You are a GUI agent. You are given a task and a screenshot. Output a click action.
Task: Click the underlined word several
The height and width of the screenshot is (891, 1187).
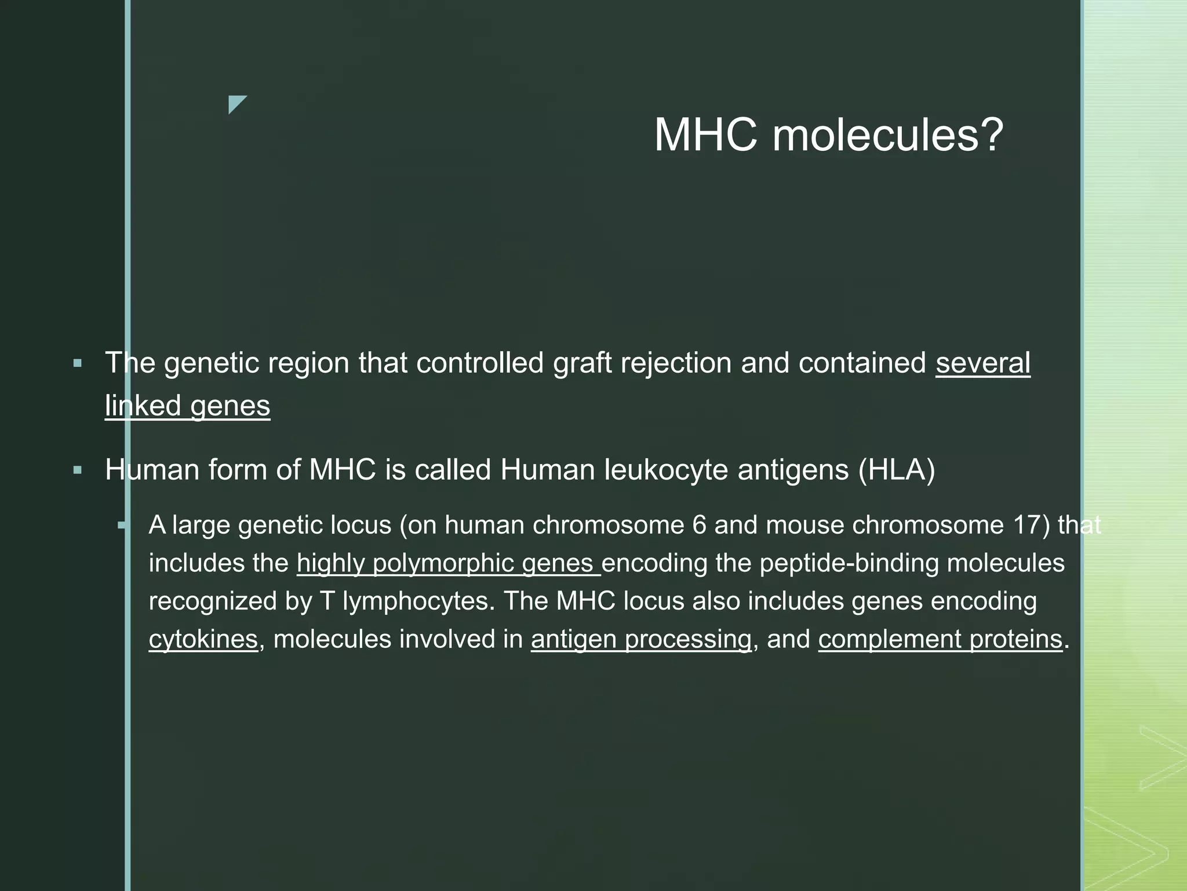point(982,363)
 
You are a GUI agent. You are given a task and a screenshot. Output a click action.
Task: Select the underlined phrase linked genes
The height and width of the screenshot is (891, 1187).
point(187,405)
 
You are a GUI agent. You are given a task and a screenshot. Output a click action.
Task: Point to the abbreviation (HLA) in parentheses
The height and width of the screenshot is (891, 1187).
point(897,470)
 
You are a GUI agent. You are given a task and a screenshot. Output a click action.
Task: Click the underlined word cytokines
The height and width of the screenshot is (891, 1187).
point(203,639)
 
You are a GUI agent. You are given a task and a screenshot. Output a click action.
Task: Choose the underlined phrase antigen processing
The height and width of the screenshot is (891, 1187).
point(641,639)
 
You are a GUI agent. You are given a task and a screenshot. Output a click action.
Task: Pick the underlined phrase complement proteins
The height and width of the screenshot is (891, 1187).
point(940,639)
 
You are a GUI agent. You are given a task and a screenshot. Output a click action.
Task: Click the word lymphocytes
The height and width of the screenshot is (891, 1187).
point(416,602)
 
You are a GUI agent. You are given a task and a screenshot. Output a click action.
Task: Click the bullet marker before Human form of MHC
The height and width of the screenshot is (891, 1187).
point(78,470)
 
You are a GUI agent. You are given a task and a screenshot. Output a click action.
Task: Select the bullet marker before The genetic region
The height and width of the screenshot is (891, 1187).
point(78,364)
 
